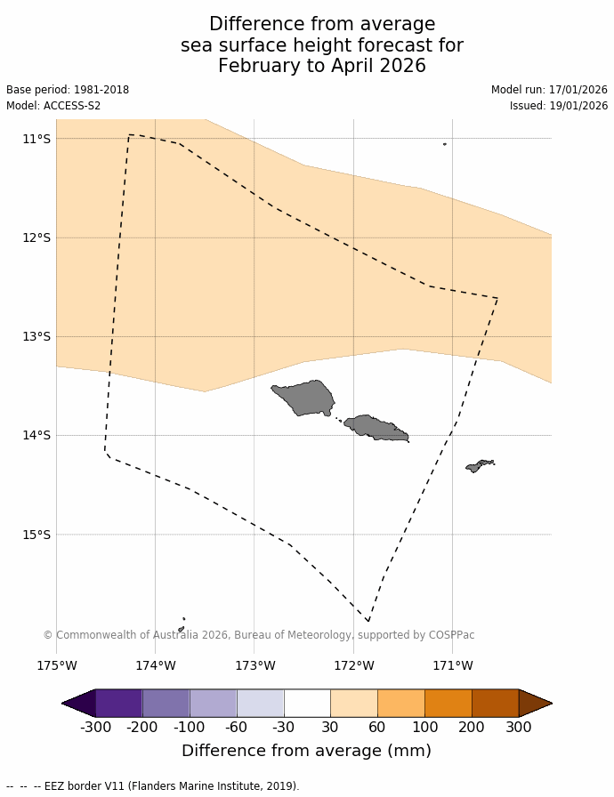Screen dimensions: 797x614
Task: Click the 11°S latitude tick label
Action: [36, 139]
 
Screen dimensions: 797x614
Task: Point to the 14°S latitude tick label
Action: [36, 435]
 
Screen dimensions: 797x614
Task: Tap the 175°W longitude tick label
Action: [56, 665]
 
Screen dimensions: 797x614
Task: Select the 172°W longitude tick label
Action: [353, 665]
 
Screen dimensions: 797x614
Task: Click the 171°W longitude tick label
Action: [452, 665]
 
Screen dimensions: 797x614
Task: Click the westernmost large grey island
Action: [304, 397]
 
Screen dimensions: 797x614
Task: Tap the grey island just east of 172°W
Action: [376, 427]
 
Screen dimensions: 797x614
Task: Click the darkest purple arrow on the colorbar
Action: [79, 703]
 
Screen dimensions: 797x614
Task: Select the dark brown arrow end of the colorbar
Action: [534, 703]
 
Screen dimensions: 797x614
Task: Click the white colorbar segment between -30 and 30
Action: [307, 703]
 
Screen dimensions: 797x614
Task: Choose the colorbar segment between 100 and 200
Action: [448, 703]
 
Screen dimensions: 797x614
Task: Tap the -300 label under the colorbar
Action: [95, 727]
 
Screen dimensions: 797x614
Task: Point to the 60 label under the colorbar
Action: [377, 727]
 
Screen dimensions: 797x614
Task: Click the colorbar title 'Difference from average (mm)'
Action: [306, 751]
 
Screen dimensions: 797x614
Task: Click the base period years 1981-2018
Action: [99, 90]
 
